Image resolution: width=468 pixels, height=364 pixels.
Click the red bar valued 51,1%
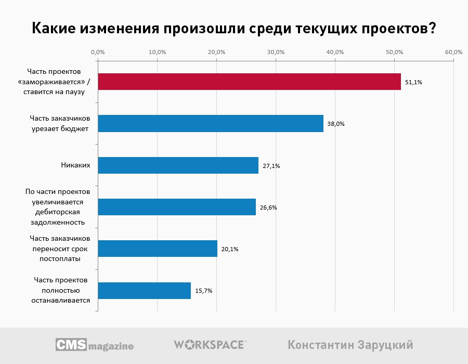click(x=249, y=82)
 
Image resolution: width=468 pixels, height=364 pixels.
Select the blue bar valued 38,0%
click(x=211, y=124)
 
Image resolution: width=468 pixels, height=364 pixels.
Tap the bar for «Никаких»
click(x=178, y=165)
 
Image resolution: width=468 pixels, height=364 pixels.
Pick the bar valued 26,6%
click(x=177, y=207)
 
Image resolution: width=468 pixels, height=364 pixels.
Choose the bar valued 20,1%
click(x=158, y=249)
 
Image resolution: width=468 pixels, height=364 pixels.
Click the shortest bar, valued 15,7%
click(x=144, y=291)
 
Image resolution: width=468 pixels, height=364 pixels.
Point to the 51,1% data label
click(x=414, y=82)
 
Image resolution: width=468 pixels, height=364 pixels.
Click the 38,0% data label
click(x=336, y=124)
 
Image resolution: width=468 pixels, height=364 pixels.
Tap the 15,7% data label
click(x=204, y=291)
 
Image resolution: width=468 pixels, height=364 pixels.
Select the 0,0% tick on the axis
click(x=98, y=53)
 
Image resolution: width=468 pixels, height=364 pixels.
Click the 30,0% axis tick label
click(x=276, y=53)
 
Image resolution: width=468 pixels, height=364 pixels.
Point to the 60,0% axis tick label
click(x=453, y=53)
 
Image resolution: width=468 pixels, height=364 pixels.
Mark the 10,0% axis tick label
click(x=157, y=53)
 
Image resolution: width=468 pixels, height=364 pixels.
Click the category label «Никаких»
click(x=76, y=165)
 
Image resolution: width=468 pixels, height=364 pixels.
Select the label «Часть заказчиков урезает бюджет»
click(x=59, y=124)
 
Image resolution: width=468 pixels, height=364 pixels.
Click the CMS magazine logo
click(x=95, y=345)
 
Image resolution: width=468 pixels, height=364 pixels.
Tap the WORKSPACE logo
click(x=210, y=345)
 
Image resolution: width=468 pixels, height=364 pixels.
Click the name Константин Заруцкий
click(x=350, y=345)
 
